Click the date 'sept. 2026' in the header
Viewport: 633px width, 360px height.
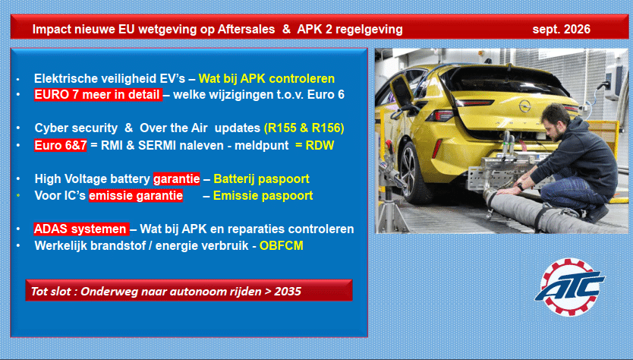tap(561, 29)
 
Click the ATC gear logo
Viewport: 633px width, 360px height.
tap(570, 287)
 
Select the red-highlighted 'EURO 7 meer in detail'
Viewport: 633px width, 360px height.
tap(98, 94)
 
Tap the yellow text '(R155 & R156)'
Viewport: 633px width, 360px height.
tap(304, 128)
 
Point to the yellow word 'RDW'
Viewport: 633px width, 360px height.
tap(320, 146)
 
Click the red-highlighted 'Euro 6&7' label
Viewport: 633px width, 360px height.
tap(61, 146)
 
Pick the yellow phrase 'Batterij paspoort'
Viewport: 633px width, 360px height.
tap(261, 178)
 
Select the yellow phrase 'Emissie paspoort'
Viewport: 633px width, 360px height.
tap(263, 195)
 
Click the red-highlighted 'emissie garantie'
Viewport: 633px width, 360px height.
tap(136, 195)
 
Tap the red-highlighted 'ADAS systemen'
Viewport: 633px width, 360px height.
tap(81, 229)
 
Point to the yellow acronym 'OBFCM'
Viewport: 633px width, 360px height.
tap(282, 245)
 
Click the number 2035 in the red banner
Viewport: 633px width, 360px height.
tap(288, 292)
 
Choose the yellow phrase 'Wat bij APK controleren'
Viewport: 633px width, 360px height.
tap(266, 78)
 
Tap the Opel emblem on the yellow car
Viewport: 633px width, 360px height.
tap(524, 106)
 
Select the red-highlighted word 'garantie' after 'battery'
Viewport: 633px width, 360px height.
tap(176, 178)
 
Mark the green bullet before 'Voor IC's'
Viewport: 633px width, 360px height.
tap(18, 195)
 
